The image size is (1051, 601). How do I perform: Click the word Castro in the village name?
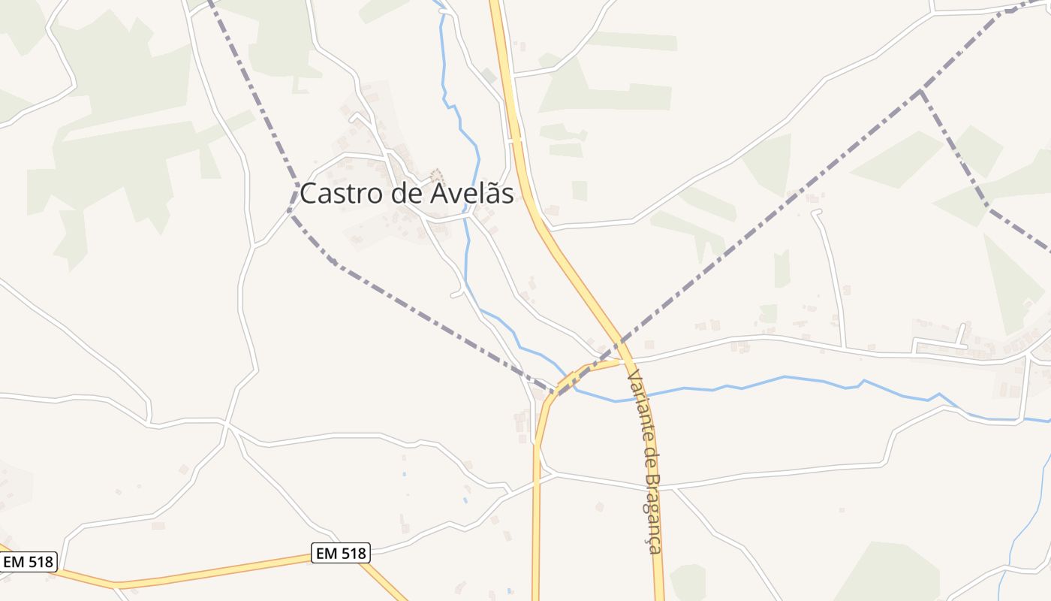pos(342,194)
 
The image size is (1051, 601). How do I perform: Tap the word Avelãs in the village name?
pos(472,194)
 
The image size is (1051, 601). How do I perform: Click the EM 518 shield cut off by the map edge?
pos(28,561)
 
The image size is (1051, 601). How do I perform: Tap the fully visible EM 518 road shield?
pos(341,554)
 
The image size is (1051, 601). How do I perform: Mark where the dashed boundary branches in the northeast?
pos(920,92)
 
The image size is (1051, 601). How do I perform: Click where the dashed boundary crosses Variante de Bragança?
pos(620,344)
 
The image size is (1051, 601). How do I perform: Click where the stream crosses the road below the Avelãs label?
pos(467,217)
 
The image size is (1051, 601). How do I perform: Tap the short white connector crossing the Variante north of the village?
pos(514,140)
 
